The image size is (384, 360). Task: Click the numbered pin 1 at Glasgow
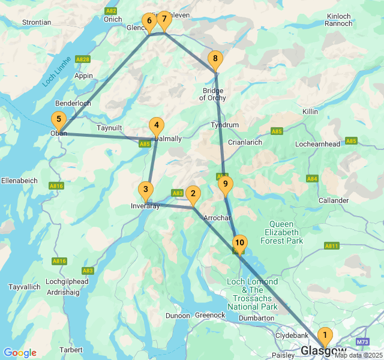pos(325,335)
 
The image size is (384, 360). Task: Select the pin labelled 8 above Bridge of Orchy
pos(215,59)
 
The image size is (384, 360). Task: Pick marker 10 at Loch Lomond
pos(239,243)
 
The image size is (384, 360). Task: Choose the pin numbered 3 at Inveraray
pos(145,190)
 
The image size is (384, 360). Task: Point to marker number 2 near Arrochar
pos(192,194)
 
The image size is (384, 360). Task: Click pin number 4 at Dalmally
pos(156,126)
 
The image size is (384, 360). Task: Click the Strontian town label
pos(37,22)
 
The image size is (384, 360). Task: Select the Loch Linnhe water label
pos(58,71)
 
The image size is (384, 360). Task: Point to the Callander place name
pos(334,200)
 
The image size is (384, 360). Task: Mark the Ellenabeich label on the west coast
pos(20,181)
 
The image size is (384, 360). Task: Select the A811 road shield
pos(331,246)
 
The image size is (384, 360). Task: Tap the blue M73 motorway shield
pos(362,342)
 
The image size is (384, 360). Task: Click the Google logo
pos(20,353)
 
